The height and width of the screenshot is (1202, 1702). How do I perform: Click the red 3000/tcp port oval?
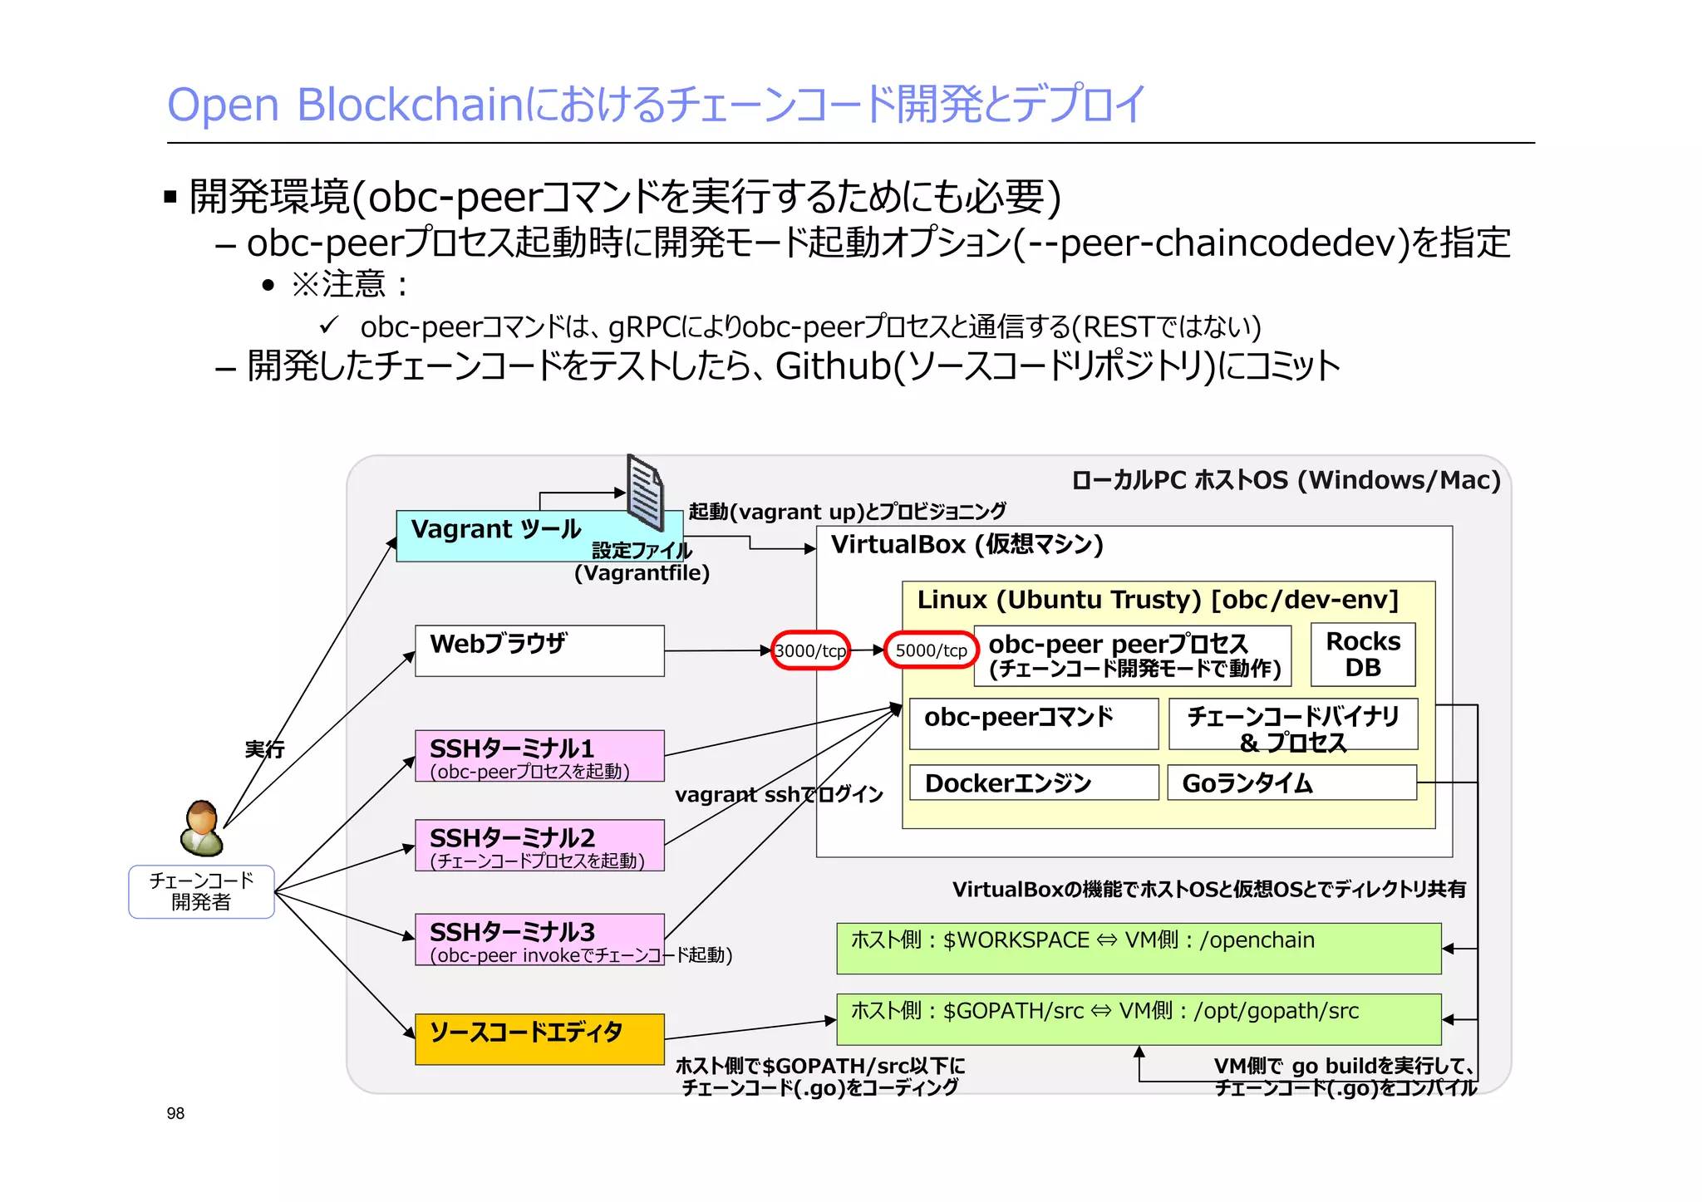[810, 650]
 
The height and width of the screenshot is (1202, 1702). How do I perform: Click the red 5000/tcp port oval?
[931, 650]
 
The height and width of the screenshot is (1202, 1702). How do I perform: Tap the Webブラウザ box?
[539, 650]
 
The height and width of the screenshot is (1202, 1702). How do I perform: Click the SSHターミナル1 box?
[539, 756]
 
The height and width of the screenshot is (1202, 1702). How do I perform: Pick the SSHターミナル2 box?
[539, 845]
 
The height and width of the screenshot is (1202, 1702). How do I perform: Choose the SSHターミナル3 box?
[539, 940]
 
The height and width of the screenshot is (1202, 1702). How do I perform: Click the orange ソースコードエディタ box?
[539, 1038]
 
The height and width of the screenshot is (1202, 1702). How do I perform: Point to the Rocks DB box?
[1363, 655]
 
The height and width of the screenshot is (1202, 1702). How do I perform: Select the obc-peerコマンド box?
[1033, 724]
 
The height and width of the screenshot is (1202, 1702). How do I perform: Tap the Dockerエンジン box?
[1033, 783]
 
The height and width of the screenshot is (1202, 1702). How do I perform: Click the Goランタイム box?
[1291, 783]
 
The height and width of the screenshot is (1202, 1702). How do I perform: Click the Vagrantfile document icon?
[645, 493]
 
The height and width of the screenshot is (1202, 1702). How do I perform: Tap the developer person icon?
[201, 828]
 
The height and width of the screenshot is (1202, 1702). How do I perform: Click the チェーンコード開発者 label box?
[201, 891]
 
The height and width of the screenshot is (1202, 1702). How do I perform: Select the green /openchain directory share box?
[1139, 948]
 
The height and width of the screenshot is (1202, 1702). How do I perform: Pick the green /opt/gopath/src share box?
[1139, 1019]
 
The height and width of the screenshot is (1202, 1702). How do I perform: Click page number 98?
[175, 1113]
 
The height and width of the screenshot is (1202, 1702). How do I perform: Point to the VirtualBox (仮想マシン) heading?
[967, 545]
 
